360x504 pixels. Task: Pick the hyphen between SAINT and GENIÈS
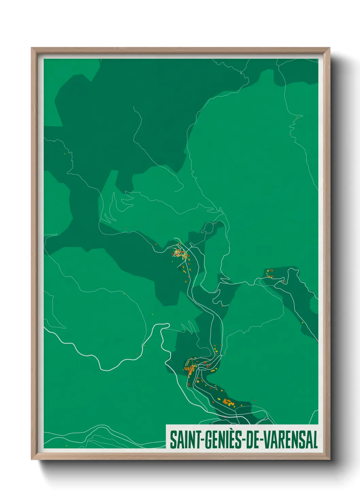click(x=201, y=440)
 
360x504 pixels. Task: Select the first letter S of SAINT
click(x=173, y=440)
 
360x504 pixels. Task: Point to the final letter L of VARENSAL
click(x=315, y=440)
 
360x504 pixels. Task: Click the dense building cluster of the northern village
click(x=179, y=253)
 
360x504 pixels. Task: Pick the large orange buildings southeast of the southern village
click(x=228, y=402)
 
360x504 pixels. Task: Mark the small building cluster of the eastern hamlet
click(x=269, y=274)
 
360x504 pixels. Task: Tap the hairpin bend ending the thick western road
click(x=167, y=325)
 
